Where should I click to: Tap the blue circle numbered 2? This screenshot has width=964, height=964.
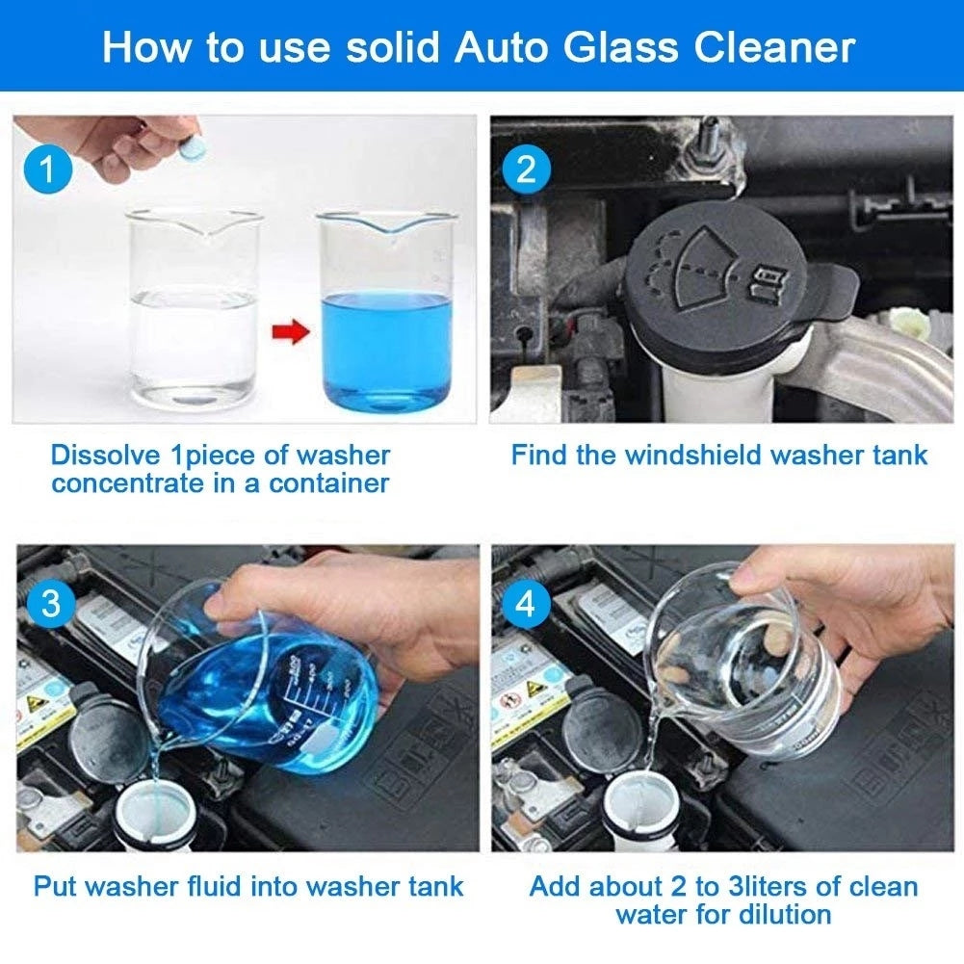pyautogui.click(x=526, y=169)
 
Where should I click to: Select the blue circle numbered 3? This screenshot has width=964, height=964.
pyautogui.click(x=50, y=605)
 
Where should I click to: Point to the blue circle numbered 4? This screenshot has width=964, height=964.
pyautogui.click(x=526, y=605)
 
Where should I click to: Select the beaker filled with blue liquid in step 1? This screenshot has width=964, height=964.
pyautogui.click(x=385, y=318)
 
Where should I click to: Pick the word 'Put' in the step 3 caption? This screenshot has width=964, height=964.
pyautogui.click(x=54, y=885)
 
